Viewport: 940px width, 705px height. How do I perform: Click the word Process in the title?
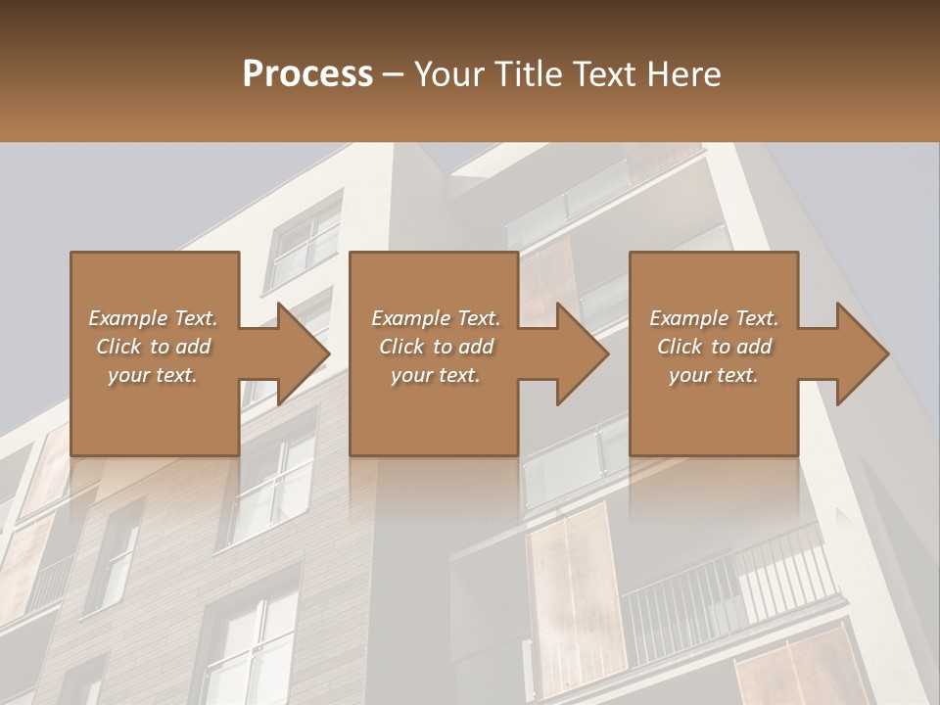(307, 74)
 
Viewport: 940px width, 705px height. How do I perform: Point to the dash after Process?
(394, 75)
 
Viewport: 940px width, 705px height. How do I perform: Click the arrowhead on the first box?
(298, 353)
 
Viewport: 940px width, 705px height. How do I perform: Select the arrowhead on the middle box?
(578, 353)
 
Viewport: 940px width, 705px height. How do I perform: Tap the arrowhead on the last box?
(858, 353)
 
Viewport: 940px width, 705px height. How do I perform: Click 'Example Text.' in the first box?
(153, 318)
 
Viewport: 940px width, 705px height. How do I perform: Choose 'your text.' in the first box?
(153, 375)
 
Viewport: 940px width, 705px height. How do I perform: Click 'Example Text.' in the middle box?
(436, 318)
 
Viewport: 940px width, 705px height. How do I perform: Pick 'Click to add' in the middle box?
(436, 347)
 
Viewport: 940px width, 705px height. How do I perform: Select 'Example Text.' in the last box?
(714, 318)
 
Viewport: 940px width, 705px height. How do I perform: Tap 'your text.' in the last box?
(714, 375)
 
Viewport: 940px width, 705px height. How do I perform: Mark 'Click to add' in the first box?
(153, 347)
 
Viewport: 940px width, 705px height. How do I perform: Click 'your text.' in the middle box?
(436, 375)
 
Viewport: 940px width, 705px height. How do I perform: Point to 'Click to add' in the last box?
(714, 347)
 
